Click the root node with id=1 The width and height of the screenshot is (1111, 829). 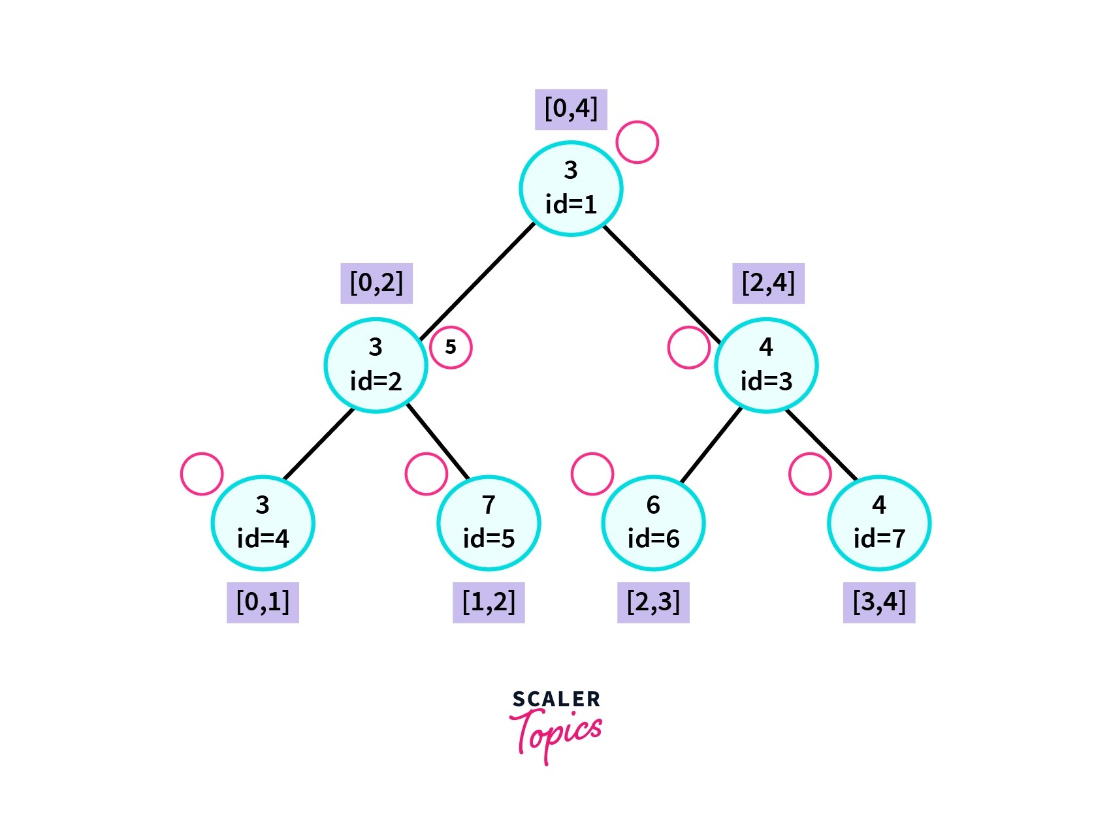click(571, 189)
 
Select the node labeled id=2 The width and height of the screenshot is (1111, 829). click(376, 365)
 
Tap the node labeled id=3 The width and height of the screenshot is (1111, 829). click(766, 365)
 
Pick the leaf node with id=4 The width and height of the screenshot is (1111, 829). click(263, 523)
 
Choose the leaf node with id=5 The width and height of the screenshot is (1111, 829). click(489, 523)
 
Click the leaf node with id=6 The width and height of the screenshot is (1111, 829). click(653, 523)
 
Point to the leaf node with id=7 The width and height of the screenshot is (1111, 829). click(879, 523)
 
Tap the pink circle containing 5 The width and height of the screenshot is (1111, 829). click(451, 347)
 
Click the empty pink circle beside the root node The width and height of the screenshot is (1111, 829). click(637, 142)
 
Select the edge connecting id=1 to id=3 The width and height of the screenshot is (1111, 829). click(661, 284)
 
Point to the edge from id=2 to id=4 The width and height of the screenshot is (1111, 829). click(319, 444)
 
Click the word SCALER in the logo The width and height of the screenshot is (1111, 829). click(556, 700)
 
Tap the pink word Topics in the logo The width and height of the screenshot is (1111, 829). click(557, 734)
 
